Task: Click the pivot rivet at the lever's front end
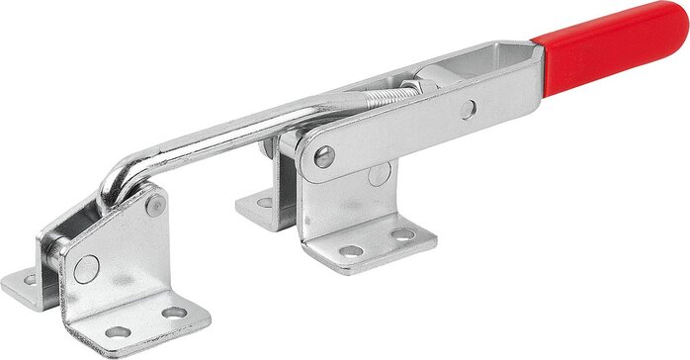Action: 323,155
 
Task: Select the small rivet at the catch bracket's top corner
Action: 154,206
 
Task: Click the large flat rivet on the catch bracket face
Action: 86,267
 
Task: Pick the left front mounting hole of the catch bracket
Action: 119,332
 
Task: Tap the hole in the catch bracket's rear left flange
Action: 30,280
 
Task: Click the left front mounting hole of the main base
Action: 350,251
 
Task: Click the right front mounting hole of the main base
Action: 403,235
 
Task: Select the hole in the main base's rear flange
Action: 264,203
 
